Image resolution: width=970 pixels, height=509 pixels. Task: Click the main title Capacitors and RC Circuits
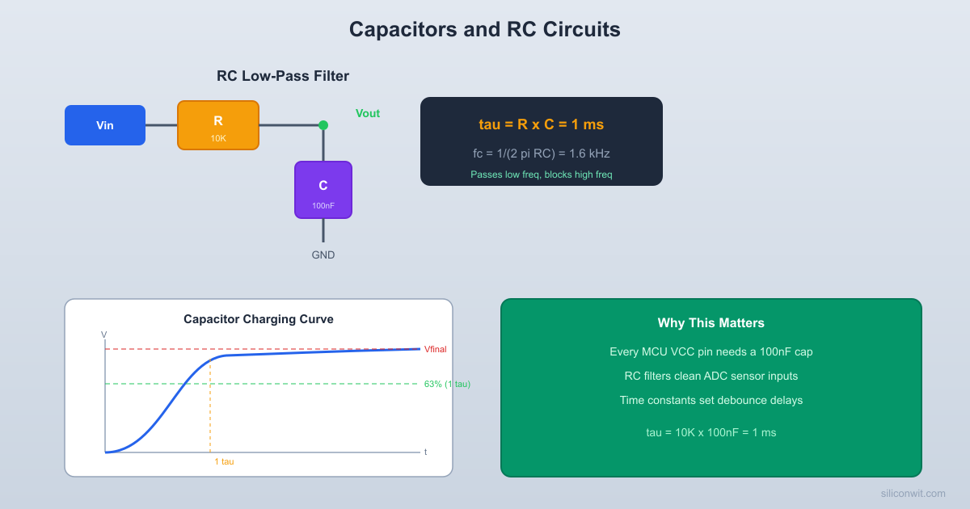tap(485, 30)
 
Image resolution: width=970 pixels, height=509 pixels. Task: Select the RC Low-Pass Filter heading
tap(283, 77)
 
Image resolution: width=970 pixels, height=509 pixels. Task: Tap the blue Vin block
tap(105, 125)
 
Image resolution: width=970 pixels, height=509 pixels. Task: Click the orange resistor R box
tap(218, 125)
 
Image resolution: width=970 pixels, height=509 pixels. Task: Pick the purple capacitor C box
tap(323, 190)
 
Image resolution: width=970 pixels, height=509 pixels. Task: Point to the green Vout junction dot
tap(323, 125)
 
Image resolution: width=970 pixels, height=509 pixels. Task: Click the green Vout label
tap(368, 114)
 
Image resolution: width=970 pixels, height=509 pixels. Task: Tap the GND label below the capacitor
tap(323, 255)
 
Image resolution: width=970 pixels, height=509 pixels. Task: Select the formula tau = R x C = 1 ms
tap(542, 124)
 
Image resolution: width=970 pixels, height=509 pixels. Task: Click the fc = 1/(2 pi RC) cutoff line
tap(542, 154)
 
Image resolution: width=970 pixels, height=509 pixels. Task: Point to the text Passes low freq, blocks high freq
tap(542, 175)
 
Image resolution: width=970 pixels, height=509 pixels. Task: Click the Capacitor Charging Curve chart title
tap(259, 319)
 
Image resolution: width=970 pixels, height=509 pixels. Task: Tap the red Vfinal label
tap(435, 350)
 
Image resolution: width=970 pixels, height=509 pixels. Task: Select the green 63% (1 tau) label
tap(447, 384)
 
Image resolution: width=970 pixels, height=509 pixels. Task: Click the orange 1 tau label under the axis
tap(224, 461)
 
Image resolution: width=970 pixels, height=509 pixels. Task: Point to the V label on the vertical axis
tap(104, 334)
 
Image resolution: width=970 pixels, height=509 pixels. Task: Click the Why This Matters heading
tap(711, 323)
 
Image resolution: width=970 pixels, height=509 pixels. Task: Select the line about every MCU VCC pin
tap(711, 352)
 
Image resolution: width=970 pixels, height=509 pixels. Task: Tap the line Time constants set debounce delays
tap(711, 401)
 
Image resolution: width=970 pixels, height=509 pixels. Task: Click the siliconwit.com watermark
tap(913, 494)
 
